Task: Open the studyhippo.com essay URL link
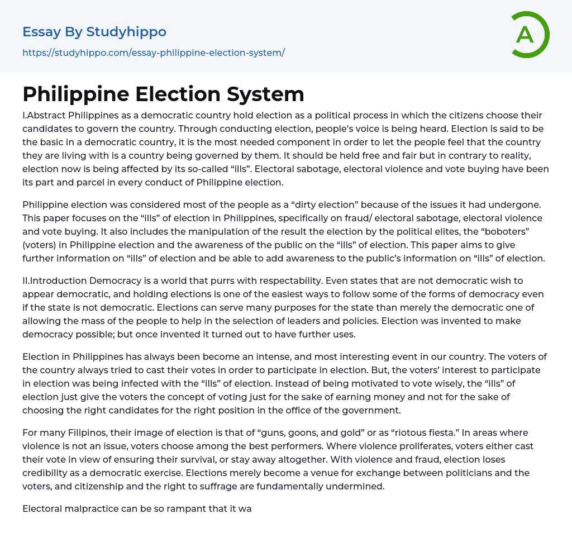click(154, 53)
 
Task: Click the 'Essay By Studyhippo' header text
click(94, 32)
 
